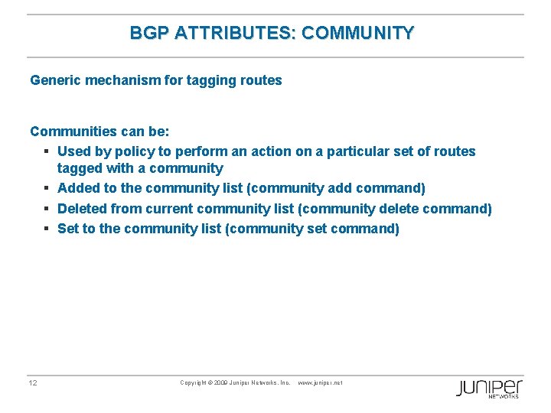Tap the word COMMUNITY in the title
[358, 33]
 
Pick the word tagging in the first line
[210, 80]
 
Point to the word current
[168, 208]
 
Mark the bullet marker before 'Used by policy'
[47, 151]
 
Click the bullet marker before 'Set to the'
[47, 229]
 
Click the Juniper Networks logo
[489, 388]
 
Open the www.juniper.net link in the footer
[320, 382]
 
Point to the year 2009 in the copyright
[220, 382]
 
